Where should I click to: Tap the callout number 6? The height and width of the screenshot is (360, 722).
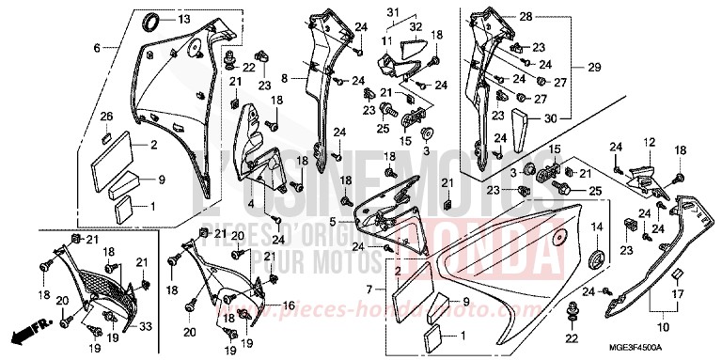point(96,47)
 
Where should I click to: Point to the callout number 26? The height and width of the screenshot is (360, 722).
point(106,117)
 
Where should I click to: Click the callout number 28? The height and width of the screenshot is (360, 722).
point(525,17)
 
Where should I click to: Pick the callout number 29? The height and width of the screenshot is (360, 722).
point(567,69)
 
